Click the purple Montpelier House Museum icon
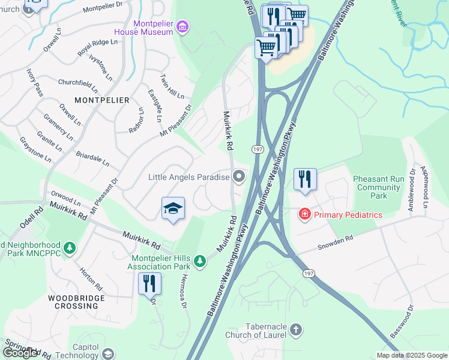(184, 26)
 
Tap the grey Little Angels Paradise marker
(239, 176)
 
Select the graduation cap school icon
(173, 208)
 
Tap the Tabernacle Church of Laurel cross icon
(295, 329)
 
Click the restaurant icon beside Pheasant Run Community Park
(304, 179)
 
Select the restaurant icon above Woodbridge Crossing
(149, 283)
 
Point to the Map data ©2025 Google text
(412, 355)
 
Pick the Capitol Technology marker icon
(107, 353)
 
